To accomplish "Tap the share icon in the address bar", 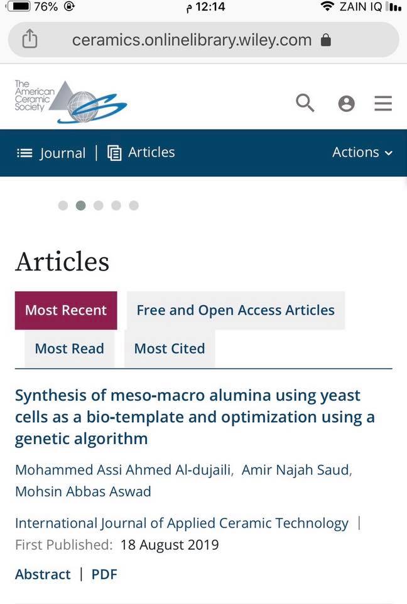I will pos(30,40).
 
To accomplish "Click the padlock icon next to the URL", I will pos(325,40).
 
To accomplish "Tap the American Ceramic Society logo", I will pos(71,101).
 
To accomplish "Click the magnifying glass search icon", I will pos(305,103).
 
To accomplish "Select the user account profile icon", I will pos(346,103).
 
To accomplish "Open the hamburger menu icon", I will pos(383,103).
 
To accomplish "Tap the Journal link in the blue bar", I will pos(51,153).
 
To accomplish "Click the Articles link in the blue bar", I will pos(141,152).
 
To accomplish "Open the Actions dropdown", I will pos(362,152).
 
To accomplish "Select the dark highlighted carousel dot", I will pos(80,205).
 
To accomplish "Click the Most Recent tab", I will pos(66,310).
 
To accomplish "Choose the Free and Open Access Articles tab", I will pos(236,310).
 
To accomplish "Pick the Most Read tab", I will pos(69,349).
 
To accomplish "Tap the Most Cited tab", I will pos(170,349).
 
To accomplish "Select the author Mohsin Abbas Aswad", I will pos(83,491).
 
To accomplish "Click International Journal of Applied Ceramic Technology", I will pos(182,523).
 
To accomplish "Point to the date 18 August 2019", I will pos(170,544).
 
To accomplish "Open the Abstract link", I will pos(43,574).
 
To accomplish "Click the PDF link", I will pos(104,574).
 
